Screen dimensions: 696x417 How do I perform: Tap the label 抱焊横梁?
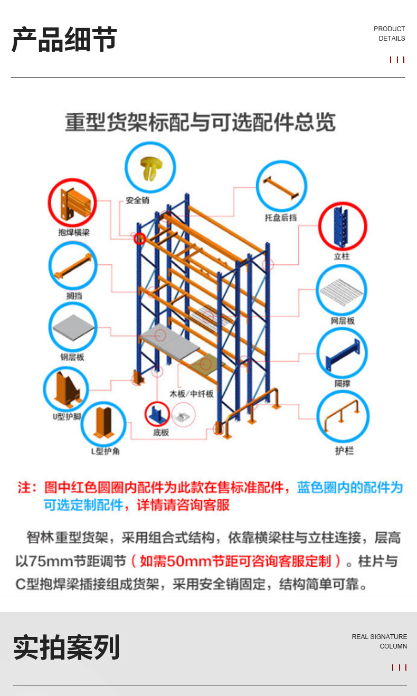(x=74, y=232)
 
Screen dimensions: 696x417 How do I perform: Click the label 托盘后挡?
(x=281, y=217)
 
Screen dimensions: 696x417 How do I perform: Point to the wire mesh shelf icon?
(x=342, y=290)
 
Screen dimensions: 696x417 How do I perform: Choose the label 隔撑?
(x=343, y=384)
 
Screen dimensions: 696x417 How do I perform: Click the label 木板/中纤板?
(x=192, y=394)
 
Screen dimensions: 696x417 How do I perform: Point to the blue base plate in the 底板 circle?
(x=157, y=414)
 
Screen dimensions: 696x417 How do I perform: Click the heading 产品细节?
(x=64, y=40)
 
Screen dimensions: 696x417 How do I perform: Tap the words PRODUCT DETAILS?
(x=390, y=34)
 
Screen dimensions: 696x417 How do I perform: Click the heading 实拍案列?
(x=67, y=647)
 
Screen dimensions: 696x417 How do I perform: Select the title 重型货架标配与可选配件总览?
(x=200, y=122)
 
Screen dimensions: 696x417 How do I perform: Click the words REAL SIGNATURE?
(x=380, y=637)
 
